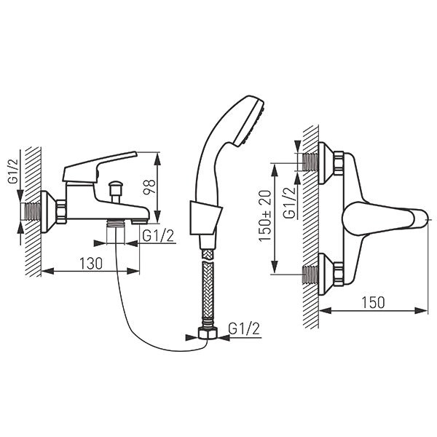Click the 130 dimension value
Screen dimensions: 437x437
pos(91,264)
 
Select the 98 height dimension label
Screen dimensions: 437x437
pos(149,187)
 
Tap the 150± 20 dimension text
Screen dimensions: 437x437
pos(264,216)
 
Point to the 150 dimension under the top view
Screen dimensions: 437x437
pos(373,302)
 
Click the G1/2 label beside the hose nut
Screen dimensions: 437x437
pos(244,328)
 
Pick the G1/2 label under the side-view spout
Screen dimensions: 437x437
pos(158,236)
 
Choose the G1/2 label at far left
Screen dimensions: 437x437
pos(13,170)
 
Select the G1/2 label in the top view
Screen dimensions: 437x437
pos(289,202)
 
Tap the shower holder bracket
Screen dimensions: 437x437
pos(205,218)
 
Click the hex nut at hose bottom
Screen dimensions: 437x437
pos(208,333)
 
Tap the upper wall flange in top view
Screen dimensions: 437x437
pos(326,163)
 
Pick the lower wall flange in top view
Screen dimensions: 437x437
pos(326,274)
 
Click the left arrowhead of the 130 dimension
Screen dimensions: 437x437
pos(47,271)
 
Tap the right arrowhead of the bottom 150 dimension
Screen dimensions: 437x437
pos(421,310)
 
